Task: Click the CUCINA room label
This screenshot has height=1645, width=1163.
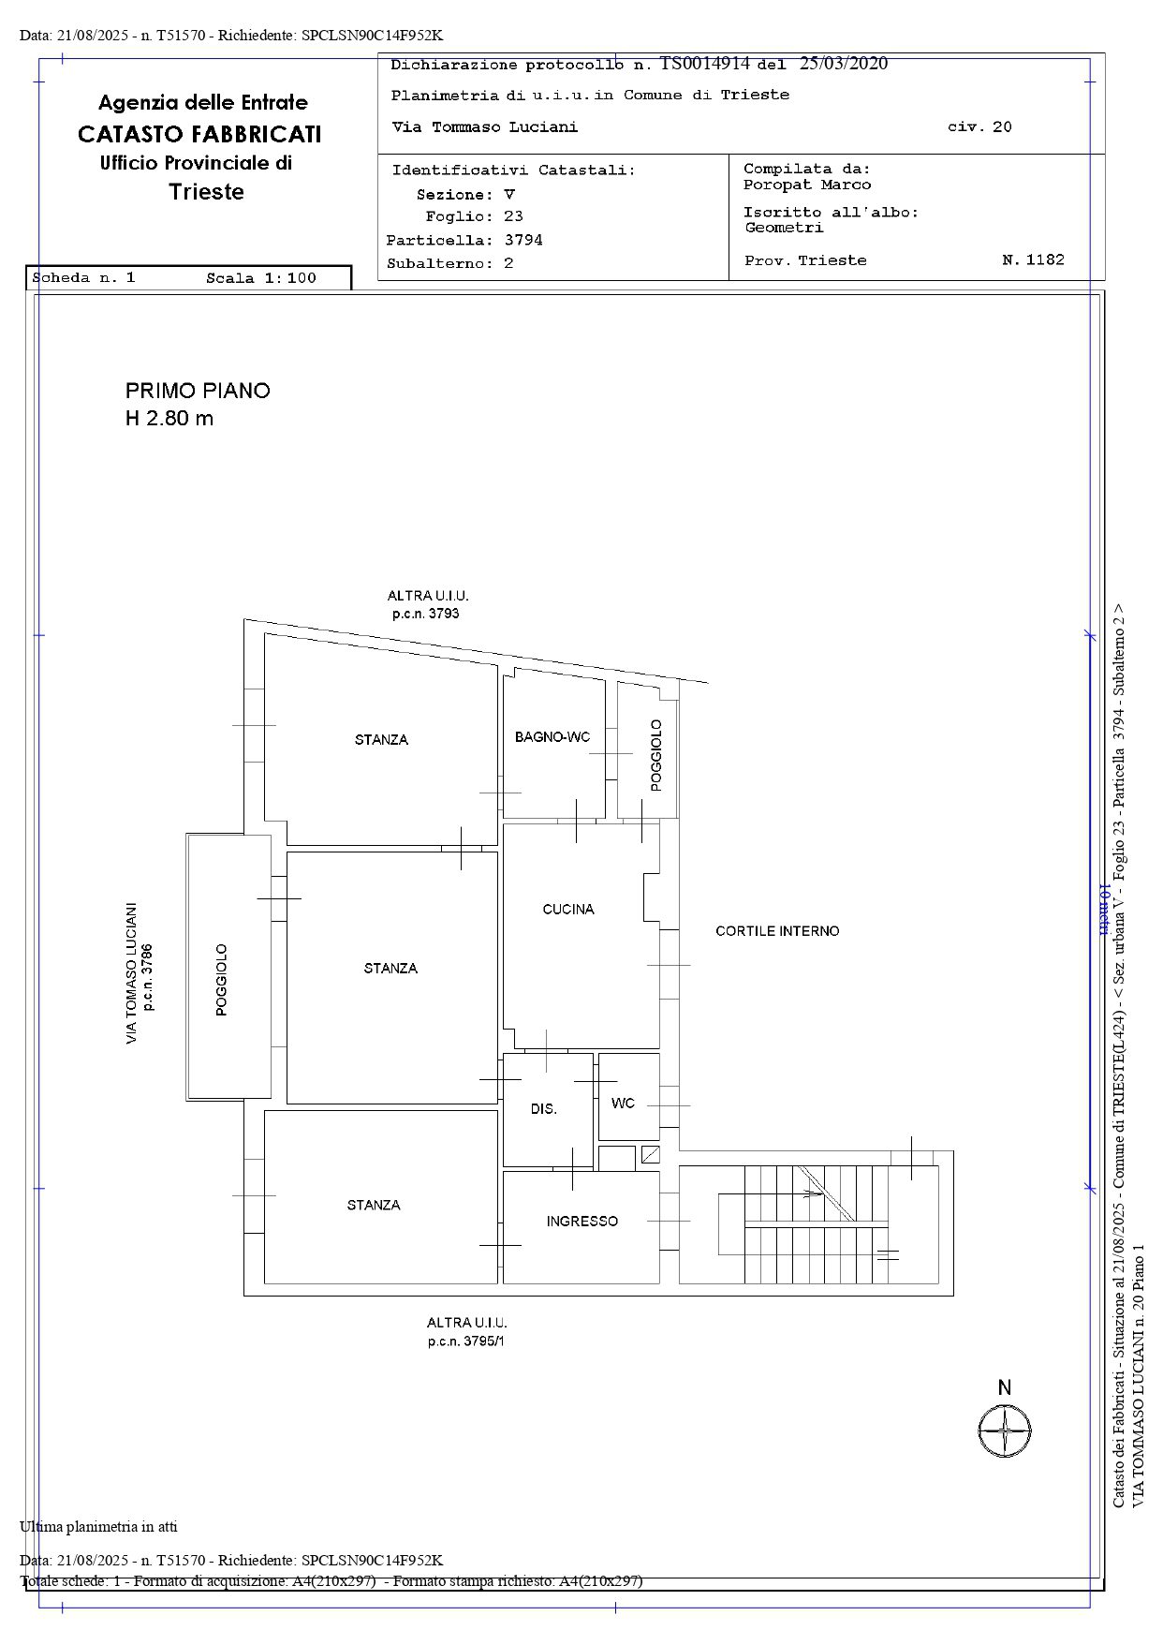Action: [568, 909]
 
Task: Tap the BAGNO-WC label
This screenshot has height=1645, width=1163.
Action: [552, 737]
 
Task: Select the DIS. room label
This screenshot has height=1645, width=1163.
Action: [544, 1108]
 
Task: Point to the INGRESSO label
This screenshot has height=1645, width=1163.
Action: [582, 1221]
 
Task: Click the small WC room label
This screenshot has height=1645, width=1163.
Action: [623, 1103]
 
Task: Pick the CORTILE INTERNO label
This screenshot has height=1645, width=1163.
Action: [777, 931]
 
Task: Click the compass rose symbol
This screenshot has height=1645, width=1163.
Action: [1005, 1431]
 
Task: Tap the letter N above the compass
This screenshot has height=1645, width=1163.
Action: [1005, 1387]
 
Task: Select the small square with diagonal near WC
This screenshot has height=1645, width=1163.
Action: [650, 1154]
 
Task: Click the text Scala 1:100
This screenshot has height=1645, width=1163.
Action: [261, 277]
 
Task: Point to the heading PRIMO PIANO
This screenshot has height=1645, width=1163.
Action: [198, 391]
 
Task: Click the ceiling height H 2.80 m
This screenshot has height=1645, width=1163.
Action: [169, 418]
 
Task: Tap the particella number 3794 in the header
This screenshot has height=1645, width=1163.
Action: [523, 240]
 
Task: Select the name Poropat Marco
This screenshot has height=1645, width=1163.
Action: [807, 185]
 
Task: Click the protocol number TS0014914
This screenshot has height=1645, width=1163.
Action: [705, 64]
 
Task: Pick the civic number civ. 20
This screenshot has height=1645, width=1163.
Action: [979, 126]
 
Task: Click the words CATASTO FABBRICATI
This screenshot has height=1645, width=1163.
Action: [199, 134]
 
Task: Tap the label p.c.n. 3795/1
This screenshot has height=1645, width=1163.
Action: [466, 1341]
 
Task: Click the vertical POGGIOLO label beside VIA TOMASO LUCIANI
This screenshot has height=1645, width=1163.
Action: [222, 980]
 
